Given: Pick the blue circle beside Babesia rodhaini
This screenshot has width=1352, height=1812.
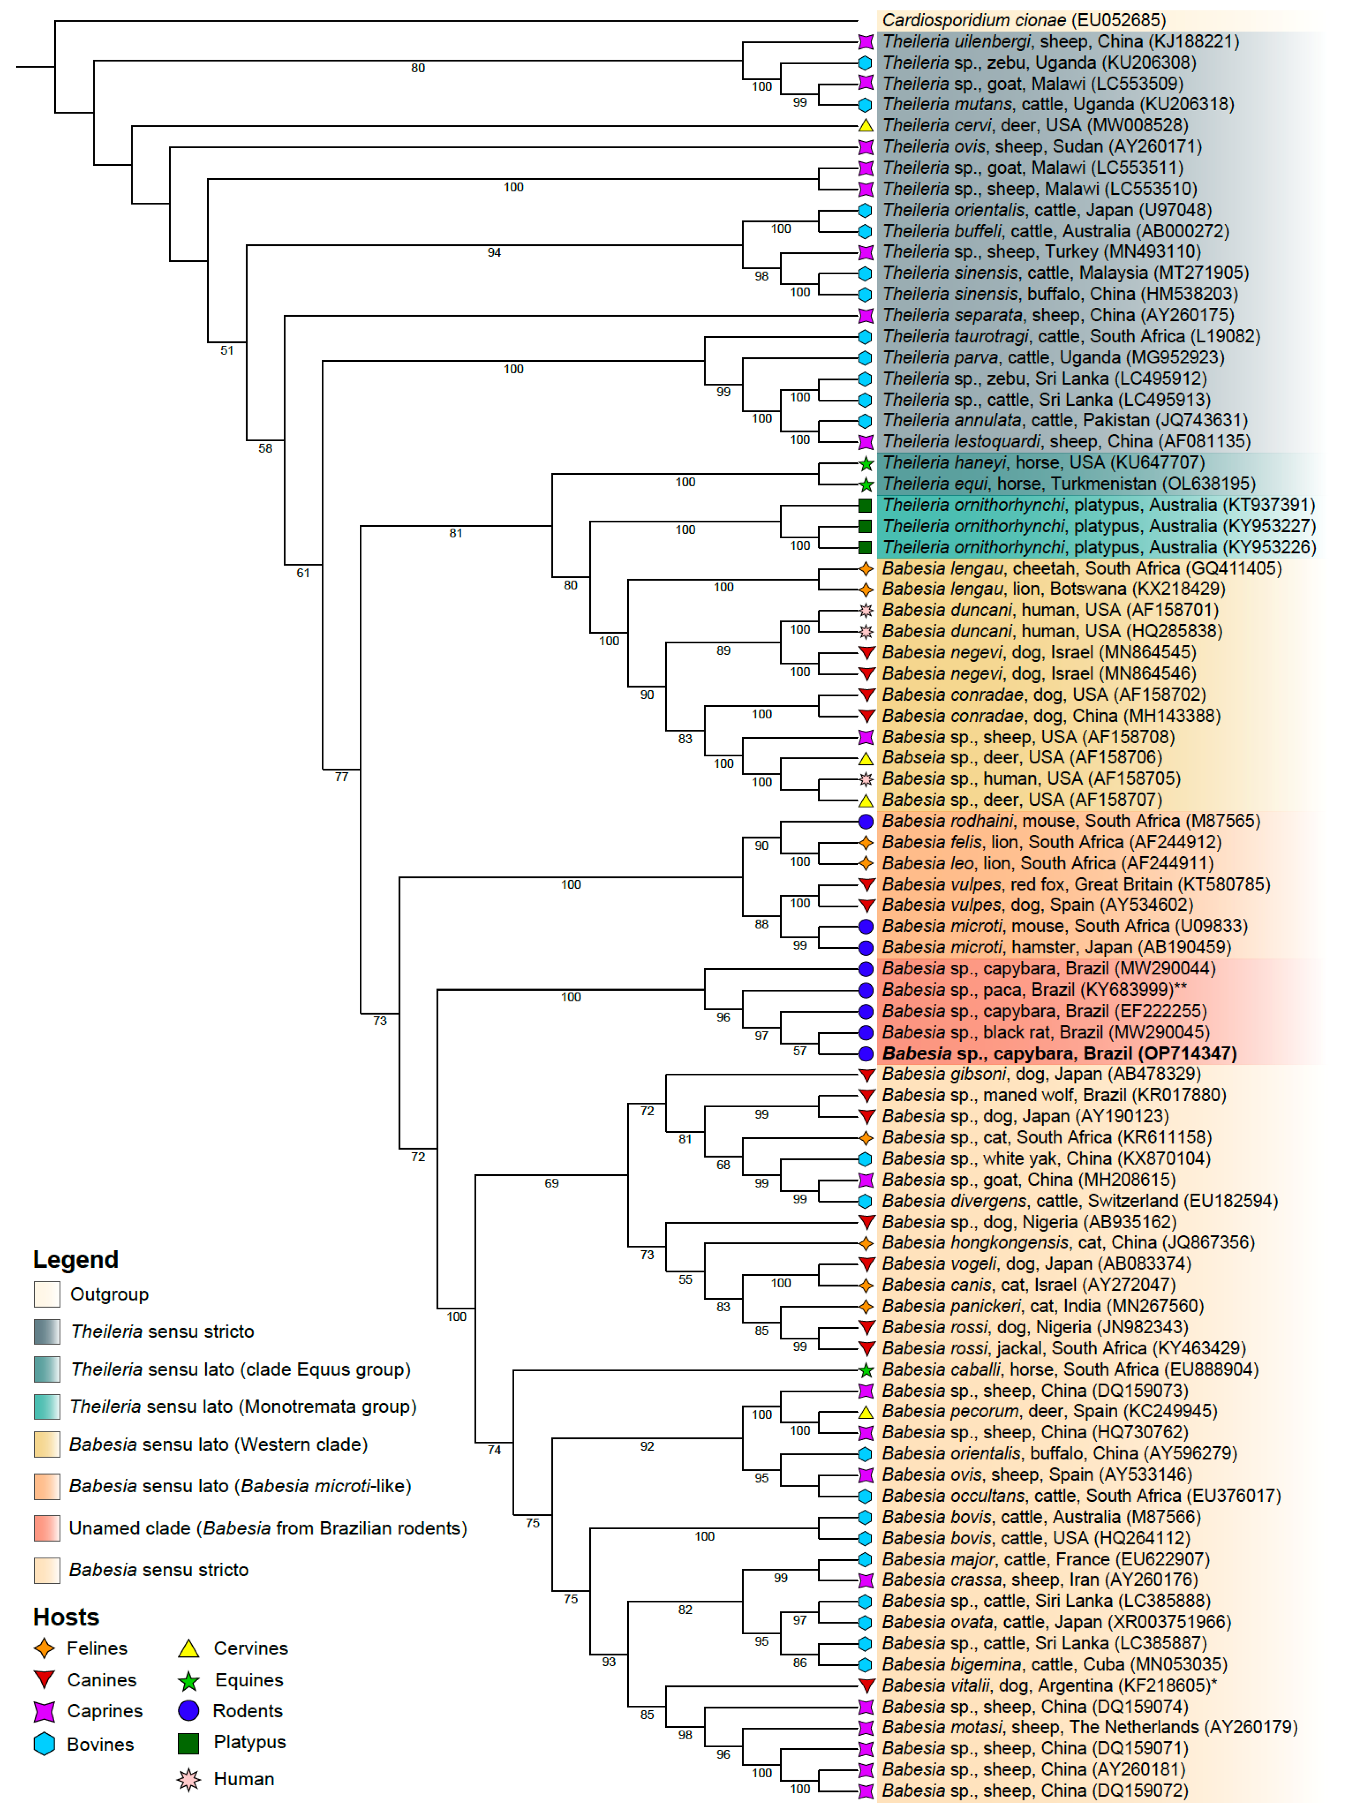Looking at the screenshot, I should (x=865, y=821).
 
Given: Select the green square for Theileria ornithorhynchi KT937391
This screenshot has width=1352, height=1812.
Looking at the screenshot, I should (x=865, y=505).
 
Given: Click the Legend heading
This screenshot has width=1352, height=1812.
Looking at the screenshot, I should (x=75, y=1259).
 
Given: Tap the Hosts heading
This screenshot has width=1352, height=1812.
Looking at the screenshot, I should (x=65, y=1617).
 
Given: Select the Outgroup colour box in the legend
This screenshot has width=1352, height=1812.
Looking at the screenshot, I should (x=47, y=1295).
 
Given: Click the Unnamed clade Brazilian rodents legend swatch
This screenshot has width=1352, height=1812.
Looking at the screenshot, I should (x=47, y=1528).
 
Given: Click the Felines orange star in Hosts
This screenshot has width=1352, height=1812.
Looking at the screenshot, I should (x=44, y=1648).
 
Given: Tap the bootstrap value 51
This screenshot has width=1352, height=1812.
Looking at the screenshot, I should (x=227, y=350).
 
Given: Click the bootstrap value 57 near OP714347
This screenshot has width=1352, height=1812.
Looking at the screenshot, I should (x=799, y=1051).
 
